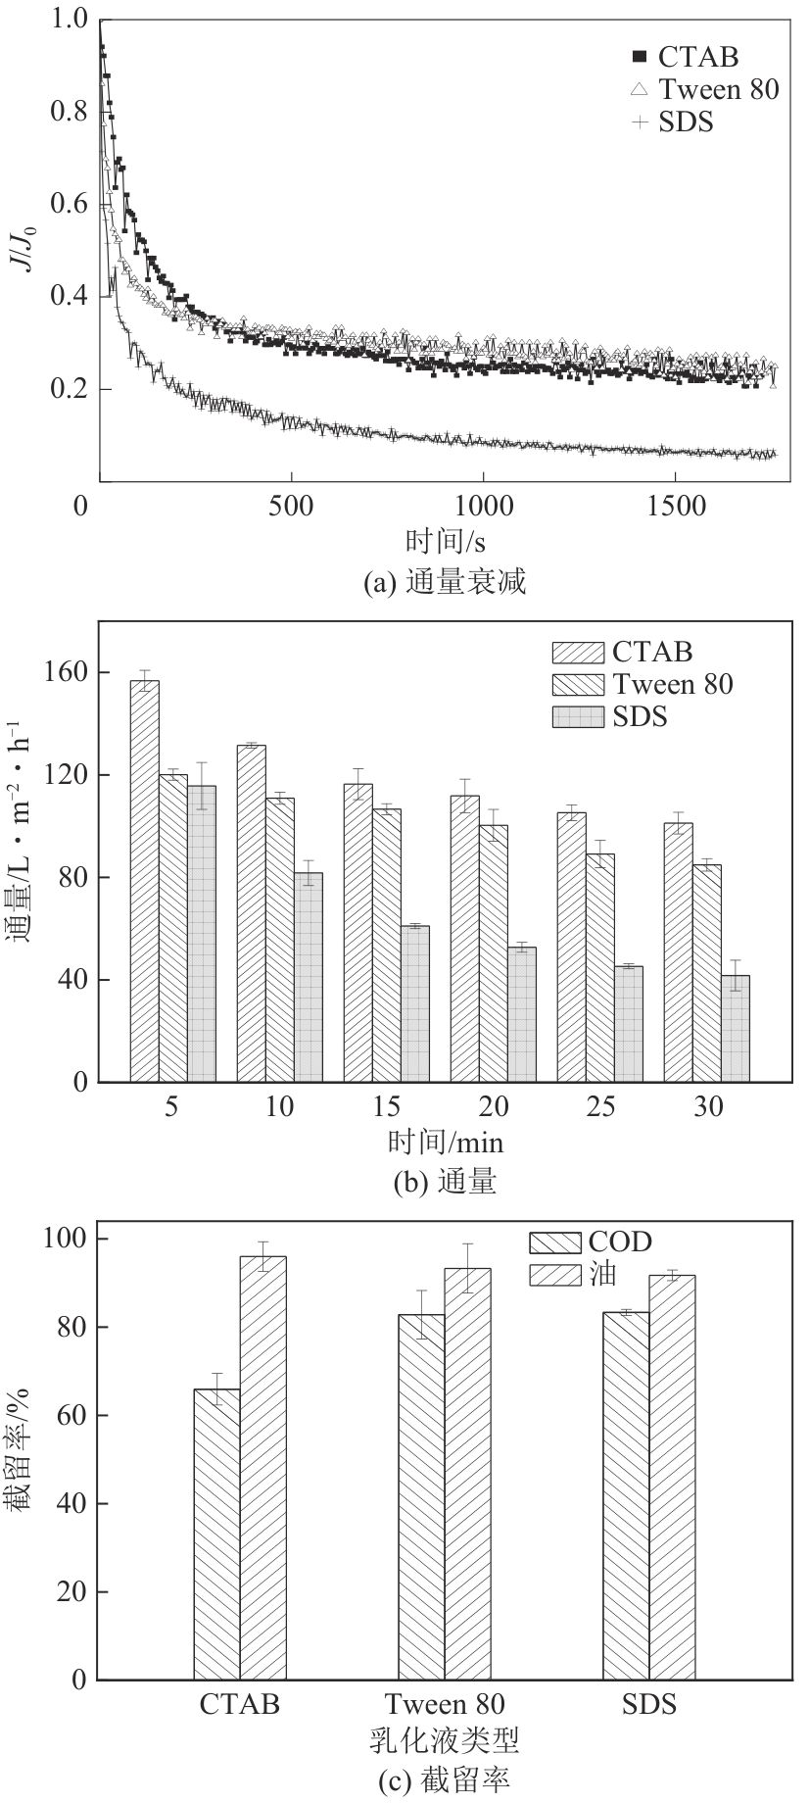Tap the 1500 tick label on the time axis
coord(677,506)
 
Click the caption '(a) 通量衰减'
coord(445,583)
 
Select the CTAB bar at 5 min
coord(144,881)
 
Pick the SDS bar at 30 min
coord(736,1028)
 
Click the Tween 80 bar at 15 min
coord(387,945)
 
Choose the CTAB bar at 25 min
coord(571,947)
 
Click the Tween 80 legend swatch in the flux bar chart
coord(580,684)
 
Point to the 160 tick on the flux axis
coord(65,673)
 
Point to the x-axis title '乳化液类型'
coord(444,1740)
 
